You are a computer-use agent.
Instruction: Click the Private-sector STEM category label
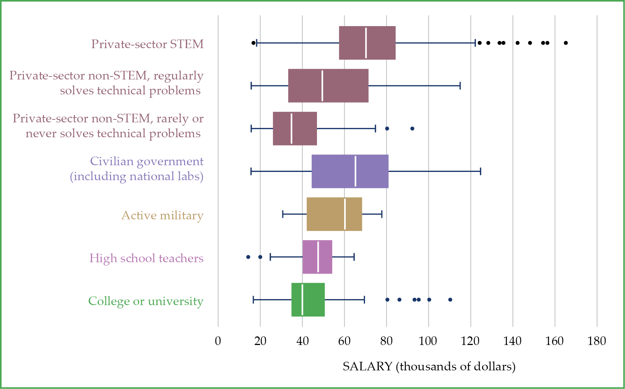[147, 44]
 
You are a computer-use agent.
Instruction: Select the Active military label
[162, 216]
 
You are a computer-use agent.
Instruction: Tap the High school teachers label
[146, 258]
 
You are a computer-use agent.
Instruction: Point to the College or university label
[146, 301]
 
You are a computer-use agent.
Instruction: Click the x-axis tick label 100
[428, 341]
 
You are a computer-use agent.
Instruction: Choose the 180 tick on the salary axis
[597, 341]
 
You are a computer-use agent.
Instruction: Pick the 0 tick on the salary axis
[218, 341]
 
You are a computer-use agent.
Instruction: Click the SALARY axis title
[429, 366]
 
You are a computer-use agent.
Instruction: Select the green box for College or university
[313, 300]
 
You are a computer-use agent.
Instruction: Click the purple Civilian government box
[335, 171]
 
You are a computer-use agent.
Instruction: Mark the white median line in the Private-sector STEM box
[366, 43]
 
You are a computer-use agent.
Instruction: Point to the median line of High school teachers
[318, 257]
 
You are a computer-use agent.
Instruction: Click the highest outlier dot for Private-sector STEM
[566, 43]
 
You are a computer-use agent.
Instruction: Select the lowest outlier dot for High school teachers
[248, 257]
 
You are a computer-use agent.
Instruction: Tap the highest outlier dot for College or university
[450, 300]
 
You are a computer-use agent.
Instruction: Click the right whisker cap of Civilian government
[480, 171]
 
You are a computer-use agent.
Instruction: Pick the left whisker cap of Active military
[283, 214]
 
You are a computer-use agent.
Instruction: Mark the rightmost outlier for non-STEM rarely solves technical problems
[412, 129]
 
